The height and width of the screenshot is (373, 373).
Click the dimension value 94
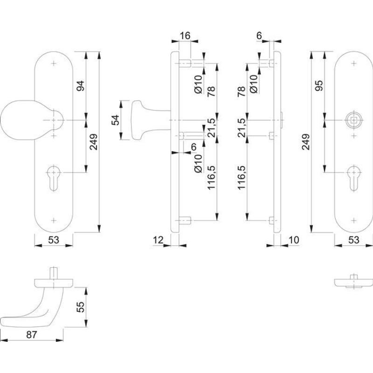[x=80, y=86]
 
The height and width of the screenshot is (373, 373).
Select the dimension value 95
[x=319, y=85]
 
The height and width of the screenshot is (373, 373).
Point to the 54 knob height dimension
[x=115, y=120]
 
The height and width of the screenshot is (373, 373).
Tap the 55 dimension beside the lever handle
[x=80, y=307]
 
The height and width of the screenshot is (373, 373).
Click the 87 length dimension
[x=32, y=334]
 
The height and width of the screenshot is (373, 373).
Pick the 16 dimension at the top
[x=185, y=36]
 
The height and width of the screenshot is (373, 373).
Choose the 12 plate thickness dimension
[x=158, y=240]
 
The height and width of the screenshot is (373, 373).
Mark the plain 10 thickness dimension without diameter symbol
[x=294, y=240]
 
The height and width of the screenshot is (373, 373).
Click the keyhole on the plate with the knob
[x=54, y=178]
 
